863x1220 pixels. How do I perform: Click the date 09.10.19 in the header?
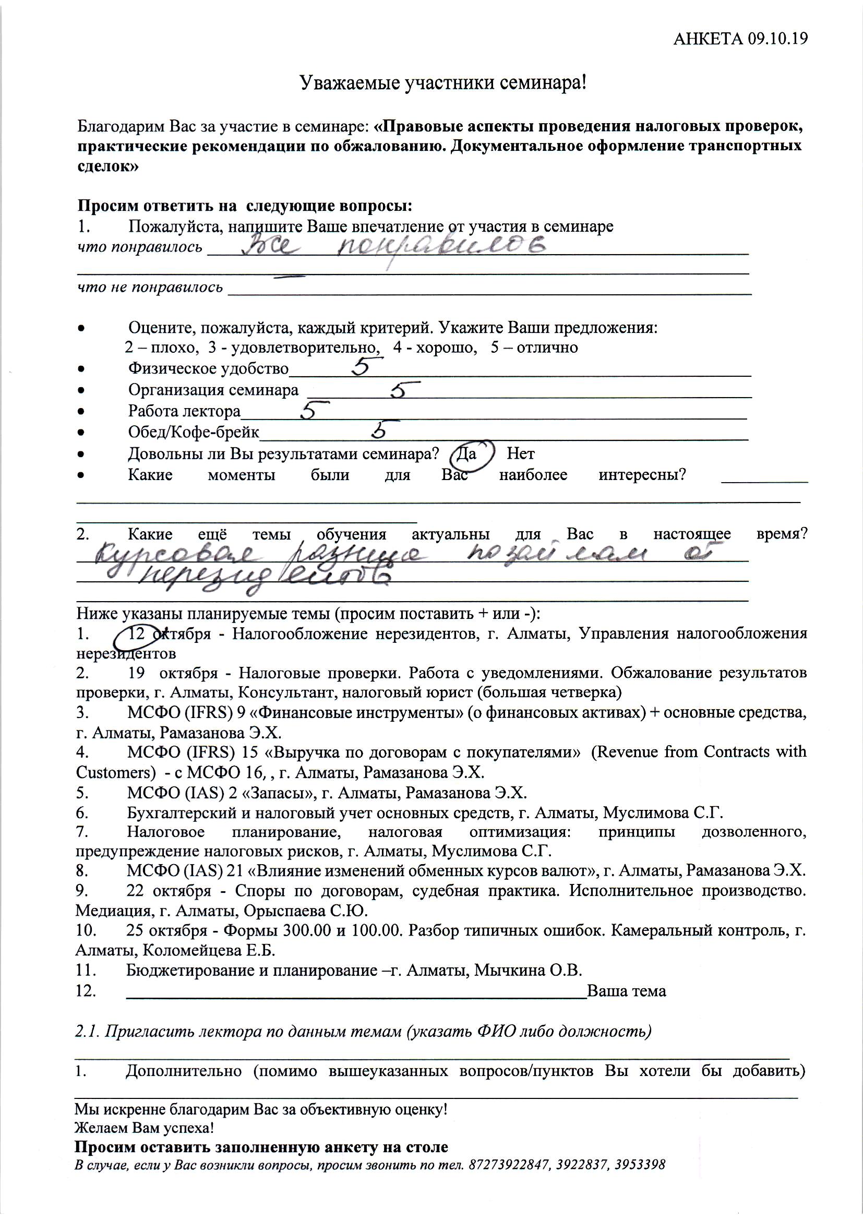pos(777,39)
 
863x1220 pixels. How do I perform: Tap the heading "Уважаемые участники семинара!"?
pos(442,83)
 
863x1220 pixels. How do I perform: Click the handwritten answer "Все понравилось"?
pos(393,247)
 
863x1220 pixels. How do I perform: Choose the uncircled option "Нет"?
pos(520,454)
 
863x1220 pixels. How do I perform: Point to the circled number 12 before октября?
pos(137,634)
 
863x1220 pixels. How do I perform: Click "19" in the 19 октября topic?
pos(136,673)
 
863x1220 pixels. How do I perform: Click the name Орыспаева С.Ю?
pos(306,911)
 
